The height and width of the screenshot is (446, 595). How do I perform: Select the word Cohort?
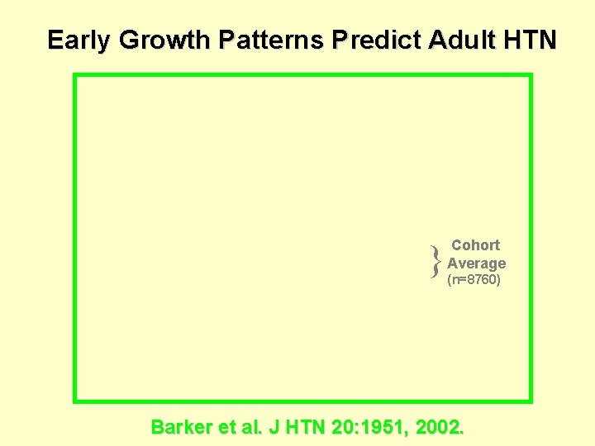coord(475,245)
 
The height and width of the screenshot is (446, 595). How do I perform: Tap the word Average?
coord(476,263)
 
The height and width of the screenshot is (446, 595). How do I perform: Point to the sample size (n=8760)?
coord(474,281)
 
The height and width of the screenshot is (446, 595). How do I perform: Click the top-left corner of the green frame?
coord(75,76)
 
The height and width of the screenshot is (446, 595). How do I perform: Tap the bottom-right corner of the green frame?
coord(530,401)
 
